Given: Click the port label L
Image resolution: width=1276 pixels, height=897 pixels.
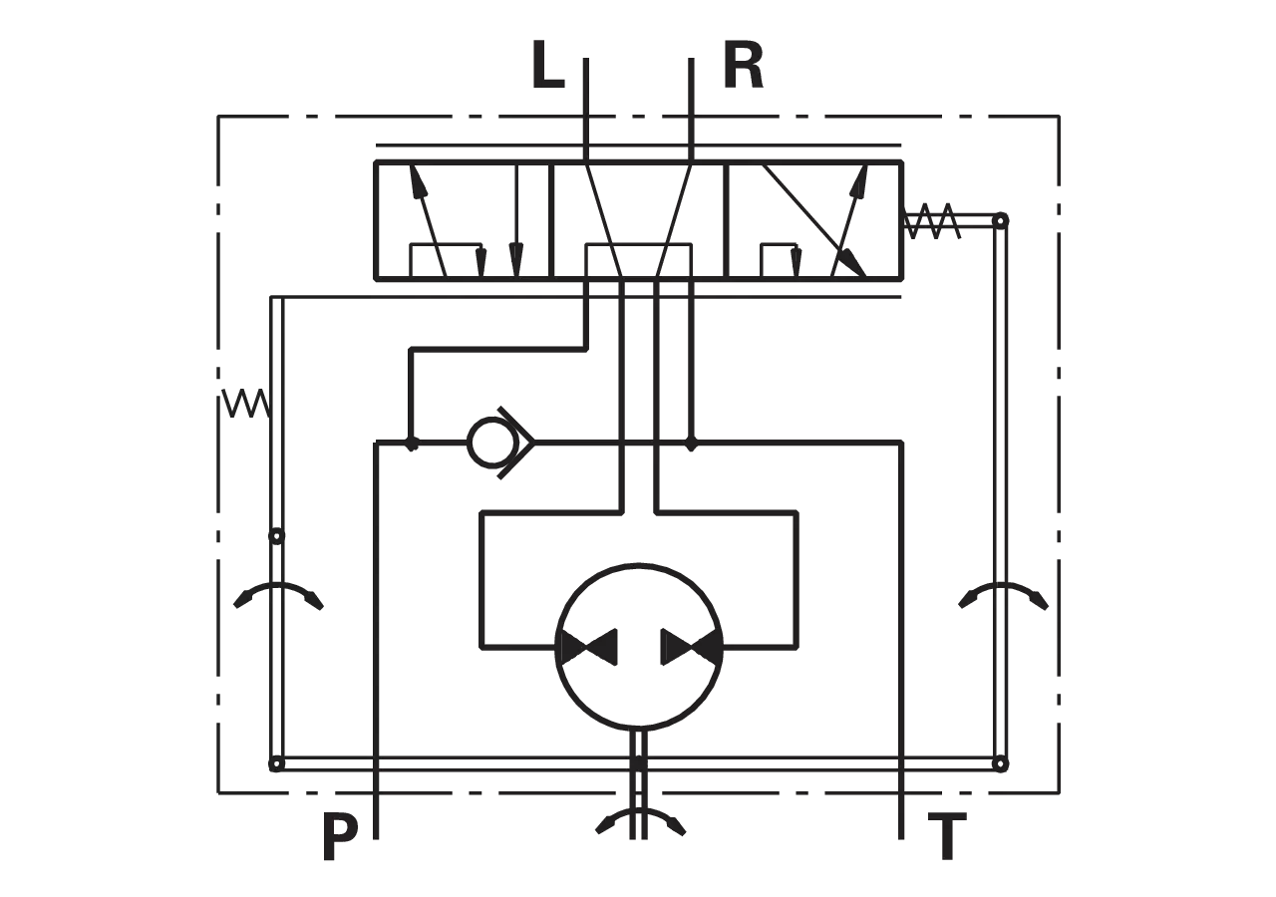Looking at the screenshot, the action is pyautogui.click(x=547, y=65).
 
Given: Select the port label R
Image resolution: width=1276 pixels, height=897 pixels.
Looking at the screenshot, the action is pyautogui.click(x=743, y=65).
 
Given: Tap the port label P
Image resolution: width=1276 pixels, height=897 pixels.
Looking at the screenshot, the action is pyautogui.click(x=340, y=836).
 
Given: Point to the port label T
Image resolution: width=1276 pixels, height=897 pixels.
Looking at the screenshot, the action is pyautogui.click(x=947, y=836).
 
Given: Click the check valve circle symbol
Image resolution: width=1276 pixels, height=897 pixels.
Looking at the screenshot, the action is pyautogui.click(x=492, y=443).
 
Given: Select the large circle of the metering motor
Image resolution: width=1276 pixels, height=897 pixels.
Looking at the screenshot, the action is pyautogui.click(x=639, y=647).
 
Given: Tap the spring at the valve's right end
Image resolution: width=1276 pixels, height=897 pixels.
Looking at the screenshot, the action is pyautogui.click(x=932, y=221).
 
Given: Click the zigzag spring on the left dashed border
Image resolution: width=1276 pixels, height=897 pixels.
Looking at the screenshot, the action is pyautogui.click(x=245, y=404).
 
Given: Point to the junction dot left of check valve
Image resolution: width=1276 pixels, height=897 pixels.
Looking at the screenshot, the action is pyautogui.click(x=412, y=443).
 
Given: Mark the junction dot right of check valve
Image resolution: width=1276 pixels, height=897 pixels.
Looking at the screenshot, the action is pyautogui.click(x=691, y=443).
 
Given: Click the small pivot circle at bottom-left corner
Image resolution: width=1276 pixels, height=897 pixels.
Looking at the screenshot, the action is pyautogui.click(x=276, y=763).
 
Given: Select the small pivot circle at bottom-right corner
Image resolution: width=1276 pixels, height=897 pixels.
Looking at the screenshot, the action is pyautogui.click(x=1001, y=763).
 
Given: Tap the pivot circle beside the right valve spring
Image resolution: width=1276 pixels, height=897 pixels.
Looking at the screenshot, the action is pyautogui.click(x=1001, y=220).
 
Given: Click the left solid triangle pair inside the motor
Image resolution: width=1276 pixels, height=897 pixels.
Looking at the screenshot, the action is pyautogui.click(x=588, y=647).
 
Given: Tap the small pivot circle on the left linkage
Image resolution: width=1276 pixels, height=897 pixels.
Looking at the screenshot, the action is pyautogui.click(x=276, y=536).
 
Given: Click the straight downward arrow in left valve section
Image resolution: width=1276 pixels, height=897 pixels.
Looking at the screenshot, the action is pyautogui.click(x=516, y=221).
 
